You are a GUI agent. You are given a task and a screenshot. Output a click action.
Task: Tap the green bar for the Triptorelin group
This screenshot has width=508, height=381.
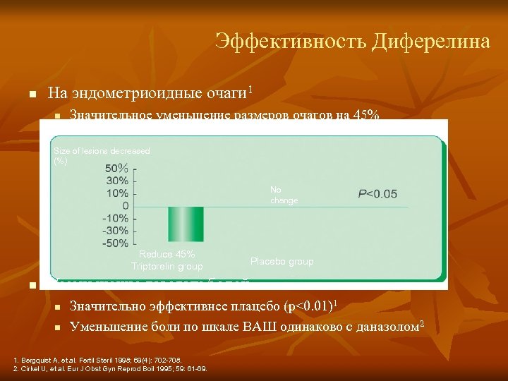pyautogui.click(x=186, y=224)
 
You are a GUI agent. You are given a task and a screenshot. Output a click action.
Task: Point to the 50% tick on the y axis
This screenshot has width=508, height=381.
pyautogui.click(x=117, y=169)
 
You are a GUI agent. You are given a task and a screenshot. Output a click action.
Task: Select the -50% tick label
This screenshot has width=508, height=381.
pyautogui.click(x=115, y=243)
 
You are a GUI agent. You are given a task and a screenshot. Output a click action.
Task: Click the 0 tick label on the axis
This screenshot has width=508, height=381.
pyautogui.click(x=125, y=206)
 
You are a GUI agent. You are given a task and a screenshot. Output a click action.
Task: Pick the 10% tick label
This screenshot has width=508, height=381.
pyautogui.click(x=117, y=193)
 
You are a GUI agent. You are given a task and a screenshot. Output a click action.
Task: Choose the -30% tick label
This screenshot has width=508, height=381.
pyautogui.click(x=115, y=231)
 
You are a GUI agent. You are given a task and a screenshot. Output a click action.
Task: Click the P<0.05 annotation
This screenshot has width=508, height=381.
pyautogui.click(x=377, y=193)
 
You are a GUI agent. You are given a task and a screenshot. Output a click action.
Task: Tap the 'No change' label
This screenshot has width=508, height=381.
pyautogui.click(x=284, y=195)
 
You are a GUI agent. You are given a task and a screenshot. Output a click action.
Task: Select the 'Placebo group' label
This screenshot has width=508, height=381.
pyautogui.click(x=282, y=261)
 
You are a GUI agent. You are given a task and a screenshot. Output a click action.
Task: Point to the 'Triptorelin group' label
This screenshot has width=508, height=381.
pyautogui.click(x=167, y=266)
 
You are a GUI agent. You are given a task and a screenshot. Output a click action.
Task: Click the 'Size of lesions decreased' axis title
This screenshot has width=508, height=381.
pyautogui.click(x=102, y=151)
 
